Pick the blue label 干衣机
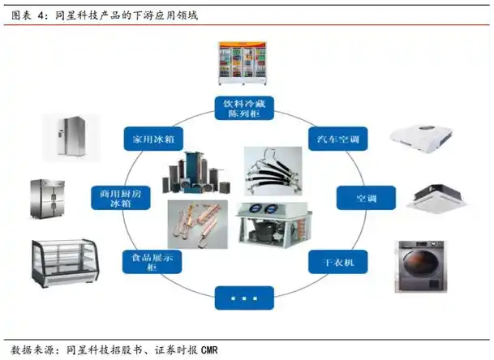[337, 261]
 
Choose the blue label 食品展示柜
[151, 262]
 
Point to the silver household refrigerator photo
[71, 137]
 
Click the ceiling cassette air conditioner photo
[437, 198]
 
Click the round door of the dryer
[422, 273]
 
